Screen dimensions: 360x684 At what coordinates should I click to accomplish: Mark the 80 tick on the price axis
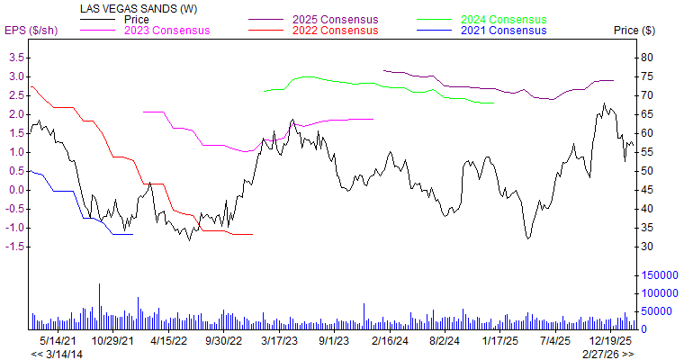(647, 57)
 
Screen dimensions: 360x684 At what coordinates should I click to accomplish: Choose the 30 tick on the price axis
(647, 247)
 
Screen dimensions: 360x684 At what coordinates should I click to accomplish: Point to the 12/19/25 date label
(610, 342)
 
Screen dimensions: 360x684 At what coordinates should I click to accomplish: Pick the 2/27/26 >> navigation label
(607, 354)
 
